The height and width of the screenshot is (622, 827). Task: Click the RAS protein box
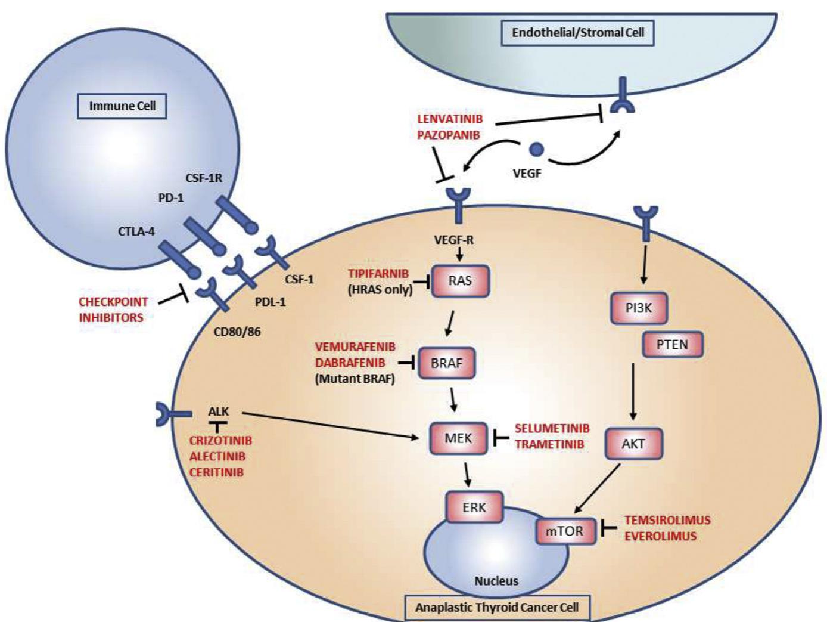460,281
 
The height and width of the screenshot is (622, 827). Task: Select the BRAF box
446,363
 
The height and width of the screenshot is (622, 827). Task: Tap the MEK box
458,438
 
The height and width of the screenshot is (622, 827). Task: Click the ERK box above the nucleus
474,507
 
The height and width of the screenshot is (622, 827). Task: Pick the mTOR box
565,530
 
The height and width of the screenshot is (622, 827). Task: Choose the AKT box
633,444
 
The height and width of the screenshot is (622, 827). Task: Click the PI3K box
639,308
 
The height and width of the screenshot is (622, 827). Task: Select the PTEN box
671,344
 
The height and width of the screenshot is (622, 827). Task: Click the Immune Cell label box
122,106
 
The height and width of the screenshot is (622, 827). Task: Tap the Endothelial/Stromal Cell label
578,32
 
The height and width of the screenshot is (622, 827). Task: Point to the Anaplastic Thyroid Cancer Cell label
497,608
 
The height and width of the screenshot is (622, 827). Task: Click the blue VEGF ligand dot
536,149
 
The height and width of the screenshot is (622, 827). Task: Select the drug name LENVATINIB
450,119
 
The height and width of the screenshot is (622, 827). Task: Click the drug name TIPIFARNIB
379,273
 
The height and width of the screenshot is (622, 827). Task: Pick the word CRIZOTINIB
220,441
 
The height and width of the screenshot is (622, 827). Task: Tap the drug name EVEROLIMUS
660,536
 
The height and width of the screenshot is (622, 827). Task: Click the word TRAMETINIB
549,444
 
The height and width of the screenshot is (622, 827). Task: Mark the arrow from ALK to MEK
328,425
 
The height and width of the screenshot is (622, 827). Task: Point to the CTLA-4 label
136,231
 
